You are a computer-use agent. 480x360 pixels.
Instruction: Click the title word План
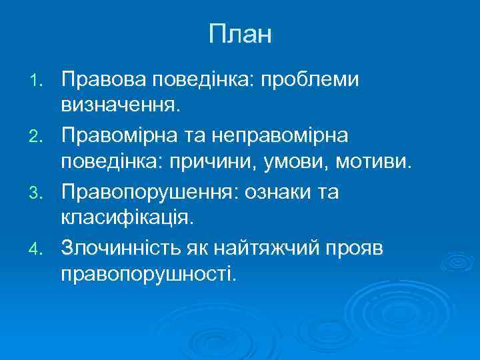(240, 34)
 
